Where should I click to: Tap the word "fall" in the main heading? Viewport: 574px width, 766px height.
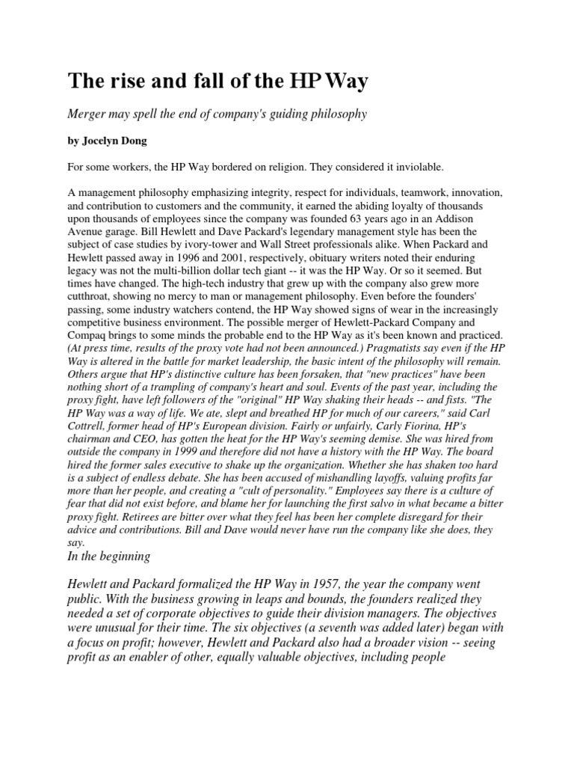197,81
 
